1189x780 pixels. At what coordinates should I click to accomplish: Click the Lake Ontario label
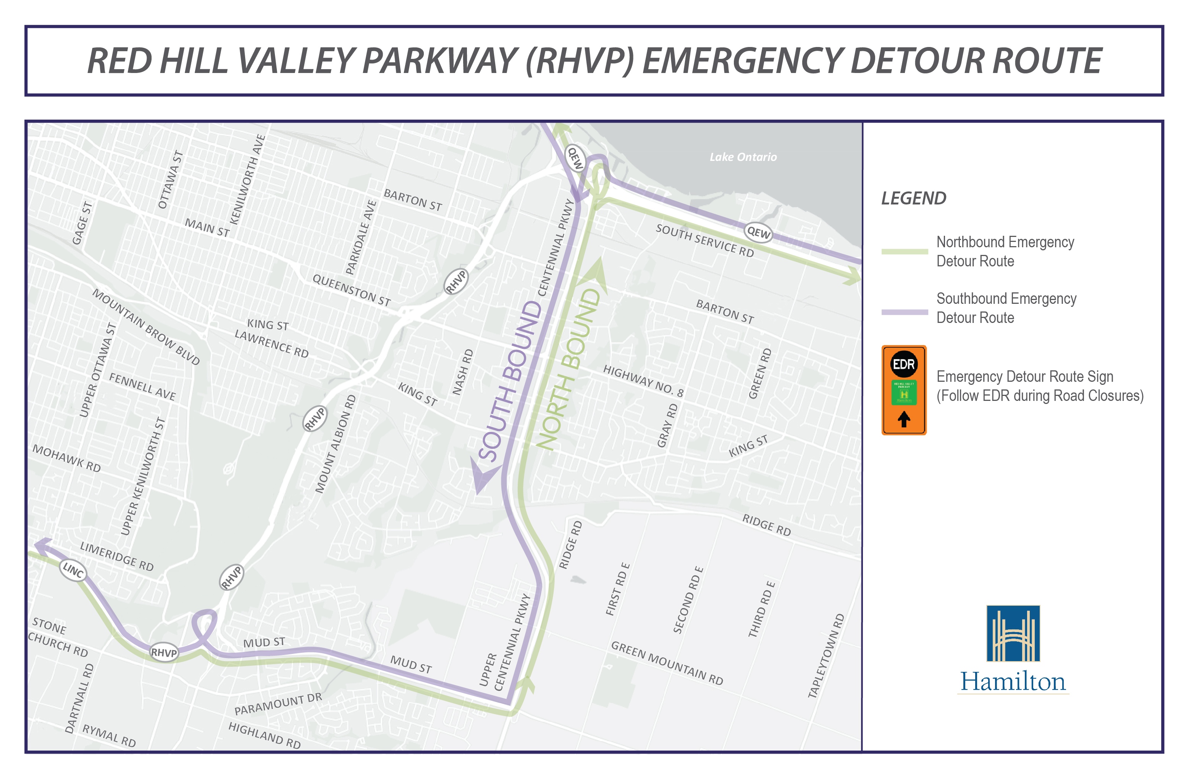(x=743, y=157)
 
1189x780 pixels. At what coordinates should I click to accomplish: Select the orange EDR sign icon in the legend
(x=903, y=390)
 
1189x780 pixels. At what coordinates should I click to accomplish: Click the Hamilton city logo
(x=1013, y=650)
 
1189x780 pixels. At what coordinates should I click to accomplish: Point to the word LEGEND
(x=913, y=198)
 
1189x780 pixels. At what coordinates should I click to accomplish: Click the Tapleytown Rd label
(x=826, y=655)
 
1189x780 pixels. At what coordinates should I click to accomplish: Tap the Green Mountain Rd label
(x=667, y=663)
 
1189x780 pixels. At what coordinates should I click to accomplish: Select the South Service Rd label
(x=704, y=240)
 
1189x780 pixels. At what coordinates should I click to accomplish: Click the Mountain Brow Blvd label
(x=146, y=327)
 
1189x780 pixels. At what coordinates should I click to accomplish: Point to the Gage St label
(x=82, y=223)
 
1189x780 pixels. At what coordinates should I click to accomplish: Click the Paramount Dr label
(x=278, y=704)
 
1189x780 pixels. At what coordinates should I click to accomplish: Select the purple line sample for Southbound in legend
(x=904, y=312)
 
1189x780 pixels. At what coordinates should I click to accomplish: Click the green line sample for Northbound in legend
(x=904, y=251)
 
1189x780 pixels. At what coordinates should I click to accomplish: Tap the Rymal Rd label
(x=109, y=736)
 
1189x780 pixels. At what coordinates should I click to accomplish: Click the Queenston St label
(x=351, y=290)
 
